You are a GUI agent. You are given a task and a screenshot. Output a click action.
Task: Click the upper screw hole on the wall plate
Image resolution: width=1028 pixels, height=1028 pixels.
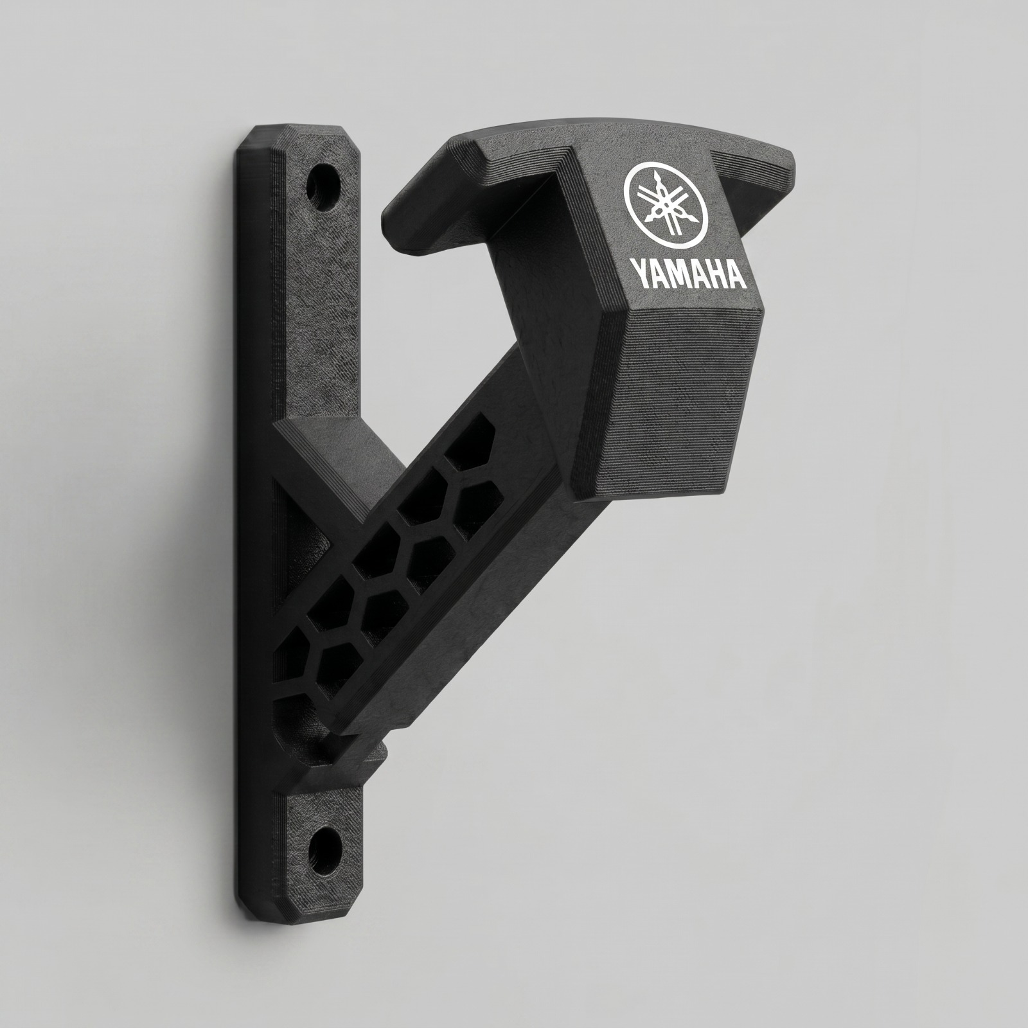(323, 186)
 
